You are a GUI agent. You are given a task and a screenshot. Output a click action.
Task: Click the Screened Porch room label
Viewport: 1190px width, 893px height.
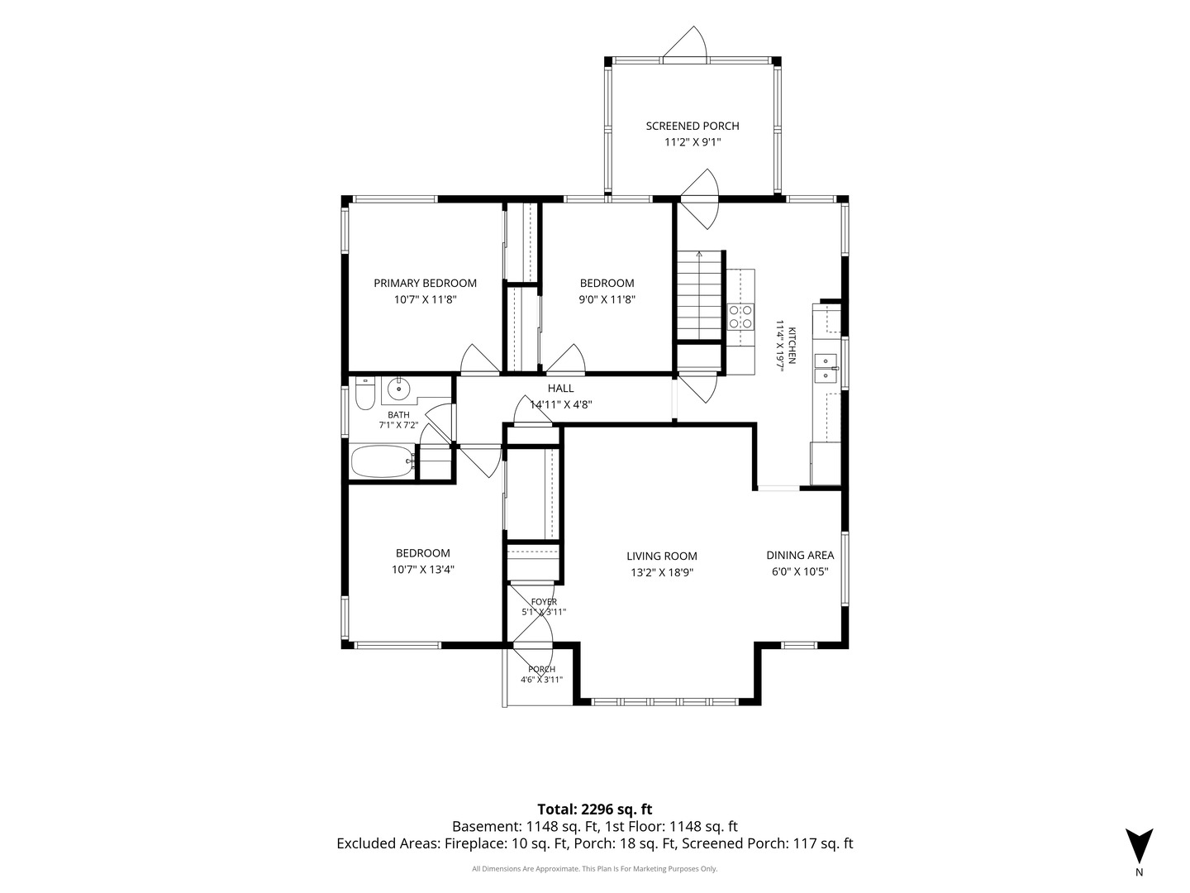[693, 126]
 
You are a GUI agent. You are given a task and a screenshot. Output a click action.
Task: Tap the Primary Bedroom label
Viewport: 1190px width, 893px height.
[425, 283]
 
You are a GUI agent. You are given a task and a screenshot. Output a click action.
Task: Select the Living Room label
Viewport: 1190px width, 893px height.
[661, 556]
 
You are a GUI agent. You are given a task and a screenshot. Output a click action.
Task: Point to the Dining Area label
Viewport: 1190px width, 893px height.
[800, 555]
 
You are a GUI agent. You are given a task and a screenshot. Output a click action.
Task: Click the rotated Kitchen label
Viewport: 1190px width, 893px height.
[792, 346]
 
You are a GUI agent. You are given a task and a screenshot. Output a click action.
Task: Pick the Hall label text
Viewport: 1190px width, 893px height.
[560, 389]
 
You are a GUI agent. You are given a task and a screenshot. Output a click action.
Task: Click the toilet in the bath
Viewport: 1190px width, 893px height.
[365, 393]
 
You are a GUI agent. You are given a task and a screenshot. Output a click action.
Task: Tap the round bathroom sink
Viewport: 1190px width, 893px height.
[399, 389]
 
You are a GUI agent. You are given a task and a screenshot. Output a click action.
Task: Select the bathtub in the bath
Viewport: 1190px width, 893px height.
[383, 461]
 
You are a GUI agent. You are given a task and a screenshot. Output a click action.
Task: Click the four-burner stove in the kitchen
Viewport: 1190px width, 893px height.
[740, 317]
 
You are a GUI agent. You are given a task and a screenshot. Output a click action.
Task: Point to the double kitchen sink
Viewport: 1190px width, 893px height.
[826, 367]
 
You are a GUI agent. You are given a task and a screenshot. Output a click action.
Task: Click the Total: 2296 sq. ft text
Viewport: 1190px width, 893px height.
[595, 809]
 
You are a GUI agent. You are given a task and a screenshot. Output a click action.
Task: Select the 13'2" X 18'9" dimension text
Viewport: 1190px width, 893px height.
[661, 572]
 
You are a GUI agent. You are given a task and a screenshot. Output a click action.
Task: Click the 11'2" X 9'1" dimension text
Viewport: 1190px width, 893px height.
[693, 142]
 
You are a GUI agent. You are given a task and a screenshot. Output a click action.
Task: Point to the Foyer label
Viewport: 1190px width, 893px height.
[544, 602]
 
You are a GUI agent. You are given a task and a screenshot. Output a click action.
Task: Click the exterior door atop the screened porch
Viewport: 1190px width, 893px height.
[685, 41]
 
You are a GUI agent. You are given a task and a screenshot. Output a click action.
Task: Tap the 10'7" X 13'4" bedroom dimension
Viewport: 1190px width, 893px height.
[423, 570]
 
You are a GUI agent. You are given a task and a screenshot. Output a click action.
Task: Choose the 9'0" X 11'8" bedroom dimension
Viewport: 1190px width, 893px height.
[607, 299]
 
